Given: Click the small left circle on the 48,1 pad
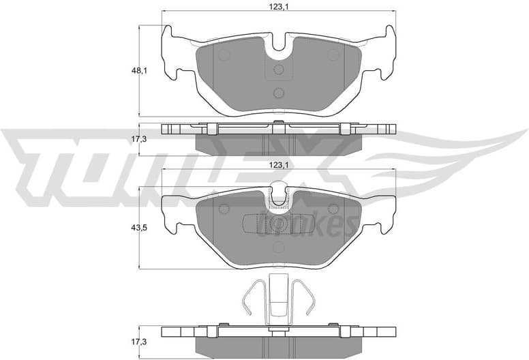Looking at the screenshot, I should pyautogui.click(x=225, y=55).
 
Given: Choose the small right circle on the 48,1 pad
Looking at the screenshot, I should pyautogui.click(x=332, y=55).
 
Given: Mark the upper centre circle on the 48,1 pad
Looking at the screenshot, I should pyautogui.click(x=278, y=70).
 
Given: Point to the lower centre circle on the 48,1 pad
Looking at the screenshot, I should pyautogui.click(x=278, y=94).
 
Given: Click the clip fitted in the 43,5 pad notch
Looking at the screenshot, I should pyautogui.click(x=278, y=196).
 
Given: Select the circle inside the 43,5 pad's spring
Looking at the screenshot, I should pyautogui.click(x=278, y=223).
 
